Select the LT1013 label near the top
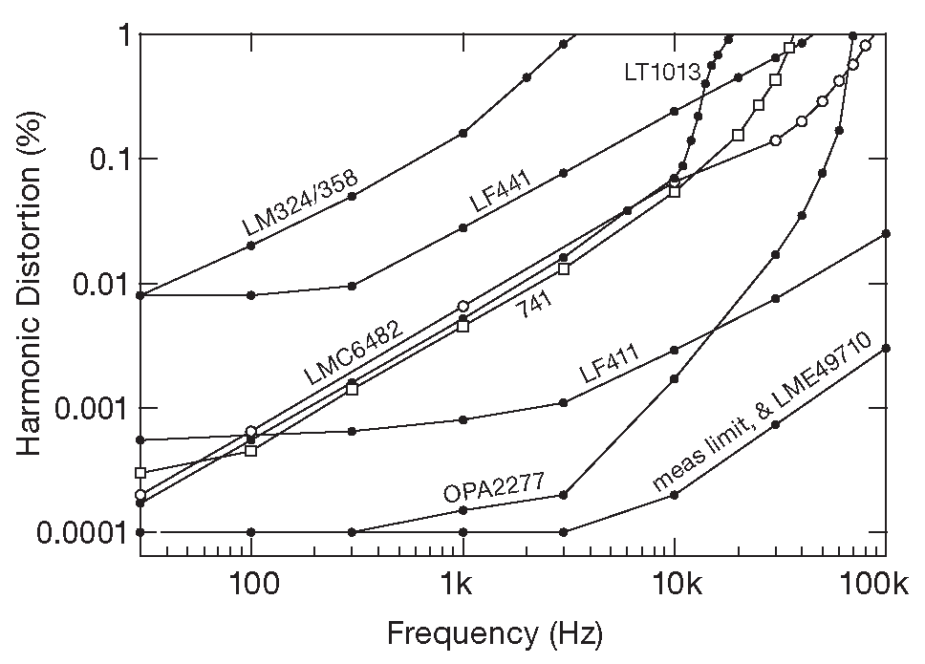[x=664, y=71]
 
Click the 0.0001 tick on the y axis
[x=82, y=532]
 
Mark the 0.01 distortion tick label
[x=99, y=284]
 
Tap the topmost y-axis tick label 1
[x=123, y=35]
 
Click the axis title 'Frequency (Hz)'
[x=494, y=632]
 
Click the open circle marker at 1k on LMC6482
[x=463, y=307]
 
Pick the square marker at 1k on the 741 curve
[x=463, y=327]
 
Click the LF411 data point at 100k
[x=886, y=233]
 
